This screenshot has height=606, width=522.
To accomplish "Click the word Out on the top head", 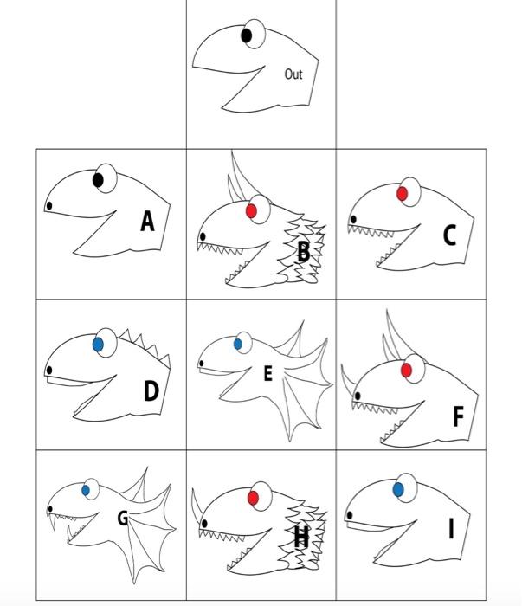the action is pyautogui.click(x=293, y=74).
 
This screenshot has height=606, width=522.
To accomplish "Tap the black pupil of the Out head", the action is pyautogui.click(x=247, y=35).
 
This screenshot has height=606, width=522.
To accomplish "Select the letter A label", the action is pyautogui.click(x=147, y=222).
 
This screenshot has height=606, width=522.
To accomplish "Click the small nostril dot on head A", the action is pyautogui.click(x=49, y=206).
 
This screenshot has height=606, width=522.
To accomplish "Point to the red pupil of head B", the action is pyautogui.click(x=251, y=211).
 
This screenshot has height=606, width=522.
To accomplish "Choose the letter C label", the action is pyautogui.click(x=449, y=235).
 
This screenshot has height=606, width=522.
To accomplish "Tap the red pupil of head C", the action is pyautogui.click(x=402, y=194).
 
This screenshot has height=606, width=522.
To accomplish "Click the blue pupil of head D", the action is pyautogui.click(x=98, y=345).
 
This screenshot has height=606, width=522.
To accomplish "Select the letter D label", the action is pyautogui.click(x=151, y=390).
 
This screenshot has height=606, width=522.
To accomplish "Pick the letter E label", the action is pyautogui.click(x=267, y=373).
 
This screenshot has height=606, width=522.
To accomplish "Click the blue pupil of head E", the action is pyautogui.click(x=238, y=344).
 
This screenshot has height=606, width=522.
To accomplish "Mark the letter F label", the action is pyautogui.click(x=458, y=416).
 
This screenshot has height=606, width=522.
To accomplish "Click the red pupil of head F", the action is pyautogui.click(x=406, y=371).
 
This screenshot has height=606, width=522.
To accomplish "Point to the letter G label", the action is pyautogui.click(x=123, y=518).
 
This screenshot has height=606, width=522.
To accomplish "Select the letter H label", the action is pyautogui.click(x=301, y=537).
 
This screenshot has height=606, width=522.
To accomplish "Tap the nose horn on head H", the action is pyautogui.click(x=197, y=507).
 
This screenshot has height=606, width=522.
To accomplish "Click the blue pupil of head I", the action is pyautogui.click(x=398, y=490).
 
